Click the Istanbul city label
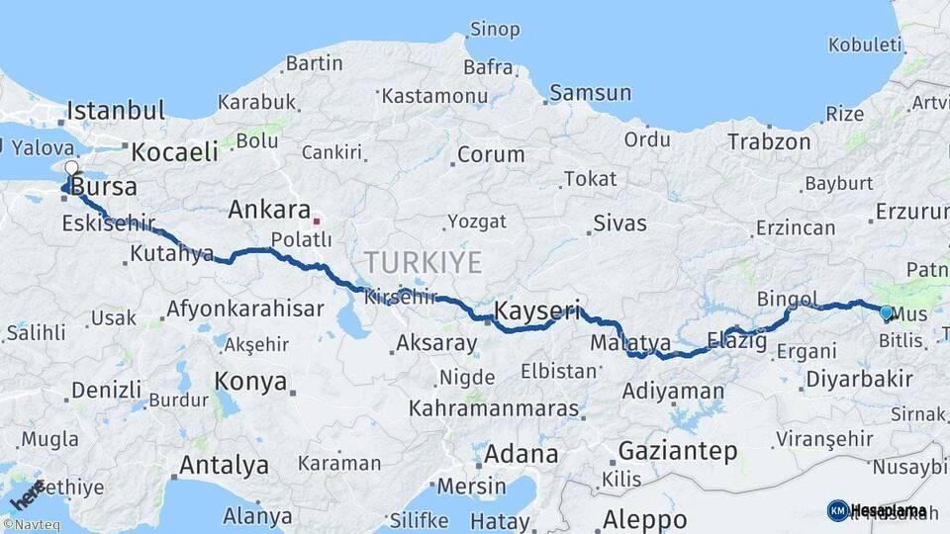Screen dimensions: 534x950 (116, 110)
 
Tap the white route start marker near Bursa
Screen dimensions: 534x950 (71, 168)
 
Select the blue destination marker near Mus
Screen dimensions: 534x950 (886, 312)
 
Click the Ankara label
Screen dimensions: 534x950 (269, 210)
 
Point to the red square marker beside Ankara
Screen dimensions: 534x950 (317, 221)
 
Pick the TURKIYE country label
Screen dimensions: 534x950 (423, 262)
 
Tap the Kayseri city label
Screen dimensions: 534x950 (537, 311)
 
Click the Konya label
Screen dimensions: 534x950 (250, 382)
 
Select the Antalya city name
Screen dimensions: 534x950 (224, 465)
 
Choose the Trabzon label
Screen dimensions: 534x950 (769, 141)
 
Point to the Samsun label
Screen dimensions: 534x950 (590, 93)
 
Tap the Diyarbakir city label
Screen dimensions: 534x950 (859, 379)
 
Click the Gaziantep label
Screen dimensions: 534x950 (678, 452)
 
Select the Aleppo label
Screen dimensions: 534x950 (644, 518)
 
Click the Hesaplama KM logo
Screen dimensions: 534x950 (877, 510)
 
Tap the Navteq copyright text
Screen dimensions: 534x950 (31, 525)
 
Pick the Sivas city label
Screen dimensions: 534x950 (619, 222)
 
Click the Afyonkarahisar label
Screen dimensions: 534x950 (244, 309)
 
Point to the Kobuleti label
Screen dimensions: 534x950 (865, 44)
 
